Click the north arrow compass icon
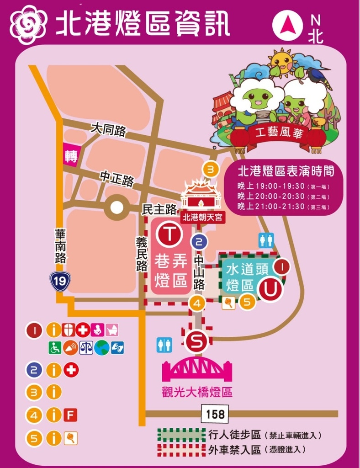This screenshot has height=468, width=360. coord(288,26)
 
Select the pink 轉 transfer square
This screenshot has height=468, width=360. coord(70,157)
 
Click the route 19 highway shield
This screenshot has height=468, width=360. coord(60,281)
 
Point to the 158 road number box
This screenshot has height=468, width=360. coord(215,414)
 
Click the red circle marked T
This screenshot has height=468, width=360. coord(169,234)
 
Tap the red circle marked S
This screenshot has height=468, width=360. coord(196,340)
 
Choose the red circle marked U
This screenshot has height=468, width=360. coord(270,289)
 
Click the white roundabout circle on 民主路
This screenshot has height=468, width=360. coord(117,208)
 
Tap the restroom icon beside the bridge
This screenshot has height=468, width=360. coord(164,345)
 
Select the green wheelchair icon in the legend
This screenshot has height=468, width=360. coord(55,348)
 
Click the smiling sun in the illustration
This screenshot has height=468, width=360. coord(281,63)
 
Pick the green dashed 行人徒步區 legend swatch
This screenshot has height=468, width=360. coord(181,434)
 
